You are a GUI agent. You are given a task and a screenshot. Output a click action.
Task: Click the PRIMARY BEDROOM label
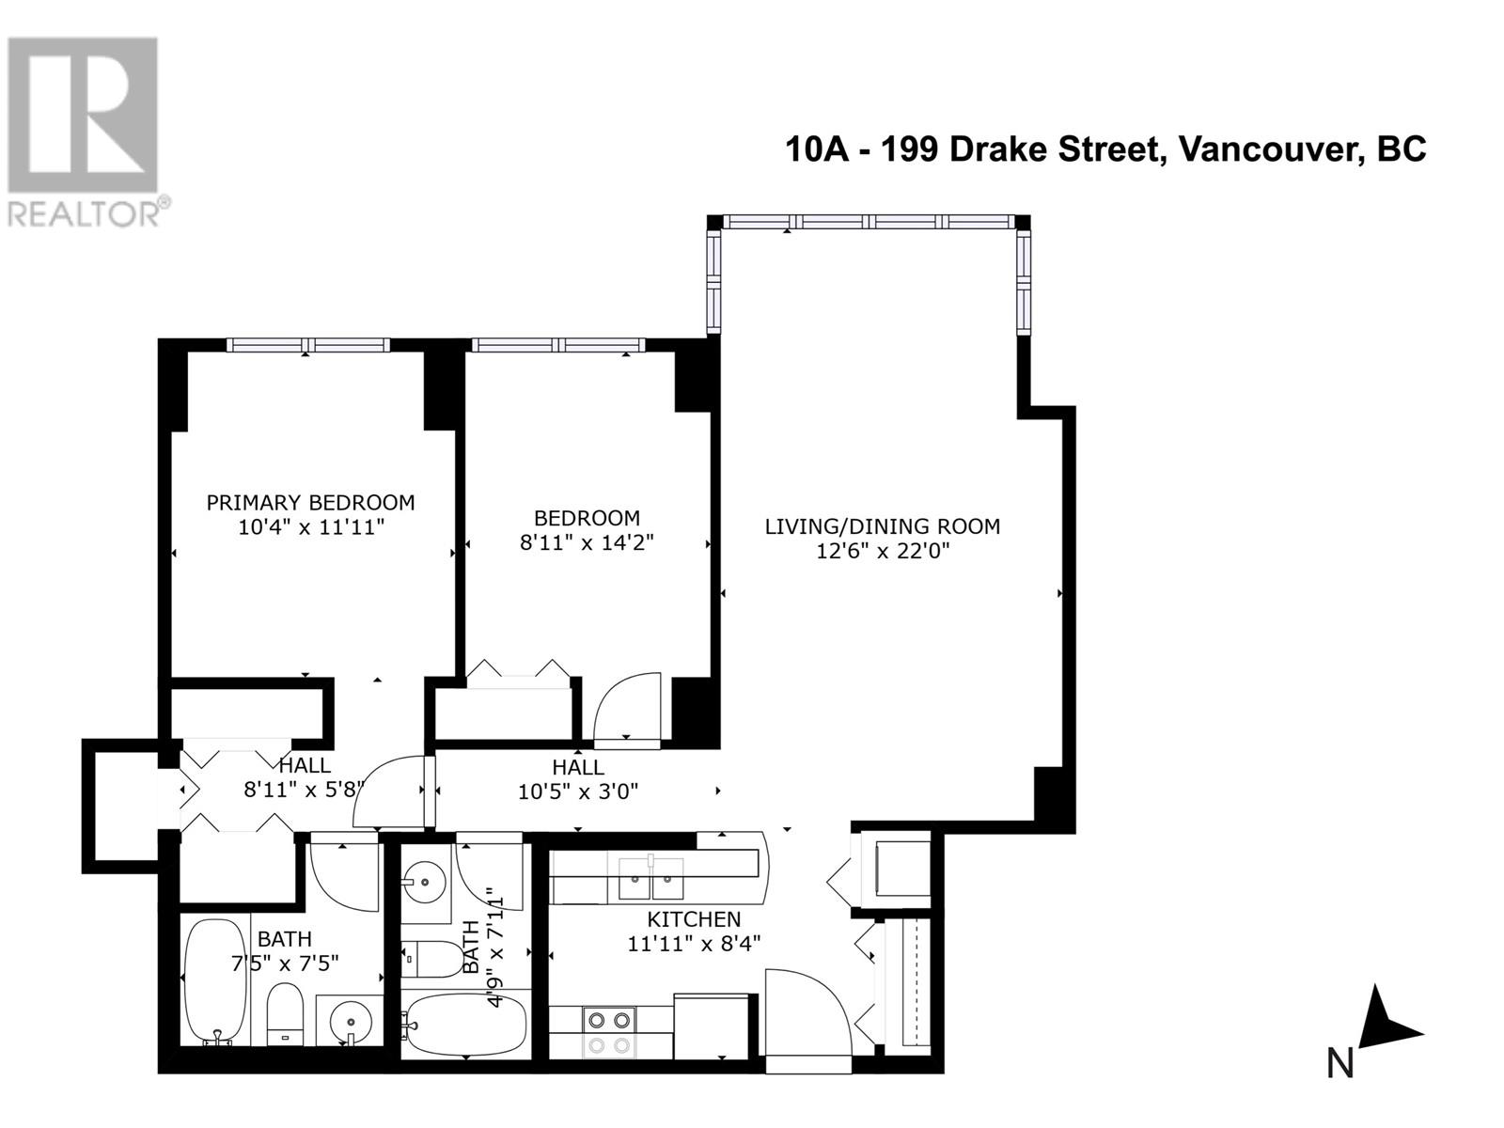(310, 503)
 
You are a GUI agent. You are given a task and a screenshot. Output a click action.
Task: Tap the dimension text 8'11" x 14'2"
(587, 542)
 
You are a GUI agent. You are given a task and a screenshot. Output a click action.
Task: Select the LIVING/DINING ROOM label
(882, 526)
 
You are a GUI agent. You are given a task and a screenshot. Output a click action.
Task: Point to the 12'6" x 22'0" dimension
(882, 551)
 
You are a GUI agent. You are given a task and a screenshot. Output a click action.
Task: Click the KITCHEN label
(694, 919)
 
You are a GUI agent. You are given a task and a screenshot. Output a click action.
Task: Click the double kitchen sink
(650, 881)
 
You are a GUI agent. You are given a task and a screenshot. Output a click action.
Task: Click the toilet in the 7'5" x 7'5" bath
(284, 1013)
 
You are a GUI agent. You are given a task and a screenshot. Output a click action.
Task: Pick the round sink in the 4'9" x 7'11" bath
(425, 883)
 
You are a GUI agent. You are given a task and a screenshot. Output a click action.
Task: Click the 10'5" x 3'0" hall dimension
(578, 791)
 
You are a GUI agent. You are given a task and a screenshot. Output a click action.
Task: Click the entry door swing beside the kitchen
(807, 1020)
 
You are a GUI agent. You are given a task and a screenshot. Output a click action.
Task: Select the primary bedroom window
(308, 345)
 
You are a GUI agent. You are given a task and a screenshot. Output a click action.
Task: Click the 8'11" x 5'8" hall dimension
(303, 790)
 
